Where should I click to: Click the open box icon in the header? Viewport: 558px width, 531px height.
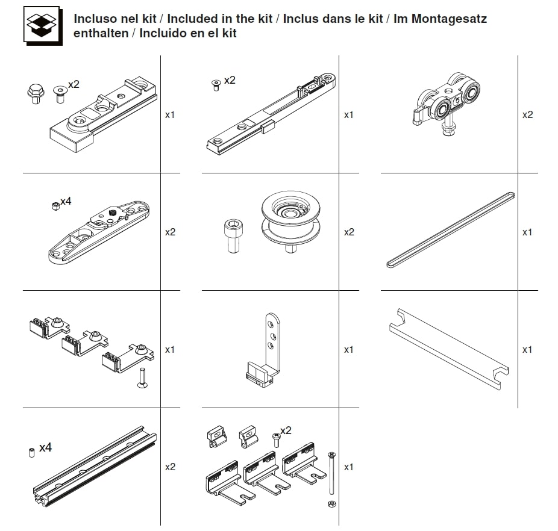(x=43, y=25)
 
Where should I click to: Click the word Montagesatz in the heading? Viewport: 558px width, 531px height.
(x=449, y=19)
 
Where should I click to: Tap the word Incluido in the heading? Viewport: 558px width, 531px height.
(x=162, y=33)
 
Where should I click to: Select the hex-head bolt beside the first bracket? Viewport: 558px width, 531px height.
(x=36, y=94)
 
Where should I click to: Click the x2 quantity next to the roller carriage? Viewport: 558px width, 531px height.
(x=527, y=114)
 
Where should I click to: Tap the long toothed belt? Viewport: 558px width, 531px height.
(x=451, y=230)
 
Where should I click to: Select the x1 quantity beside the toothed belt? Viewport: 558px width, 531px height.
(x=527, y=232)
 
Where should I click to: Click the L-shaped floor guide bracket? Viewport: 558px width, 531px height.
(x=264, y=350)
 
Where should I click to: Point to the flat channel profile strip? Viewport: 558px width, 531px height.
(x=449, y=349)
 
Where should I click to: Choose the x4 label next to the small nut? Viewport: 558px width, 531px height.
(x=66, y=201)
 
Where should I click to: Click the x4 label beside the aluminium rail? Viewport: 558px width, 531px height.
(x=46, y=447)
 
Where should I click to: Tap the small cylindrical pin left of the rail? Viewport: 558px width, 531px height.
(x=31, y=453)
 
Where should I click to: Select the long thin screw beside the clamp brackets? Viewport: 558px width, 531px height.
(x=331, y=473)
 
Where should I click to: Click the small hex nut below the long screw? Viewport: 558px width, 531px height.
(x=332, y=504)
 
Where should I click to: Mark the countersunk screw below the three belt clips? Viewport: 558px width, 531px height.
(x=142, y=378)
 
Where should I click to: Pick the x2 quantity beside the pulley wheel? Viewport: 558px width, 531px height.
(x=349, y=232)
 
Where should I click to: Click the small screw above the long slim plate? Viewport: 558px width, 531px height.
(x=216, y=85)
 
